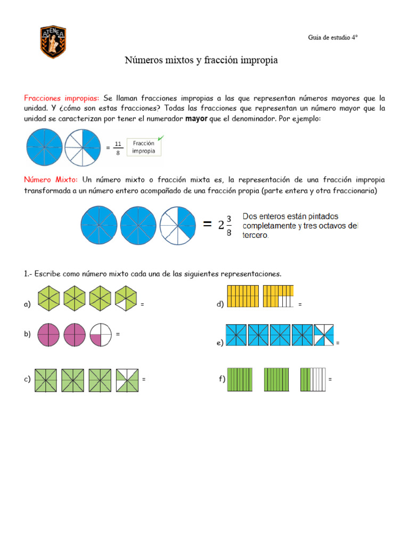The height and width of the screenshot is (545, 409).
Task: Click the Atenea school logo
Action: [x=53, y=42]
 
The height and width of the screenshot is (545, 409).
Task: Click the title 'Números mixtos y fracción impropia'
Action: [x=201, y=61]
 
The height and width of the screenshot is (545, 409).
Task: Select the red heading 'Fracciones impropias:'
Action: [x=61, y=98]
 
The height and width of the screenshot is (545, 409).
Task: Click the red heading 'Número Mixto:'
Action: [x=51, y=180]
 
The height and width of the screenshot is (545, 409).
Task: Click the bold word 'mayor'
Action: [x=196, y=119]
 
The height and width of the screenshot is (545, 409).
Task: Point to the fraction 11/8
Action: [x=118, y=148]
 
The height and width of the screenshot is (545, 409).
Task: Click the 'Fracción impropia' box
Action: [x=144, y=147]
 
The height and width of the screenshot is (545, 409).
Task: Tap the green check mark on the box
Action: [x=161, y=138]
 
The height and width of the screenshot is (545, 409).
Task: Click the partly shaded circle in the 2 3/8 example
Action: [x=178, y=225]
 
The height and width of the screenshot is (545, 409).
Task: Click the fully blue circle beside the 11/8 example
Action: [x=44, y=147]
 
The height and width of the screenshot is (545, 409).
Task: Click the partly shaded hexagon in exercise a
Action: [x=126, y=298]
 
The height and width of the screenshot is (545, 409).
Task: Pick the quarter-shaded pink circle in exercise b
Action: [x=101, y=335]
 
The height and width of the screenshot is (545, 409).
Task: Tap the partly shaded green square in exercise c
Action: [x=127, y=381]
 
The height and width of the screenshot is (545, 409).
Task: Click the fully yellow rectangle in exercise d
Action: [x=243, y=296]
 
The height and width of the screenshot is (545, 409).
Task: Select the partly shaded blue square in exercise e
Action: [x=324, y=335]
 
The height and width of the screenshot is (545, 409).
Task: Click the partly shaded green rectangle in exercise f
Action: [x=313, y=380]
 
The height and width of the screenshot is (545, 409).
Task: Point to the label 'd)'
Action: [x=220, y=304]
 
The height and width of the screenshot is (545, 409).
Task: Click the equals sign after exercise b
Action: [x=118, y=334]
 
